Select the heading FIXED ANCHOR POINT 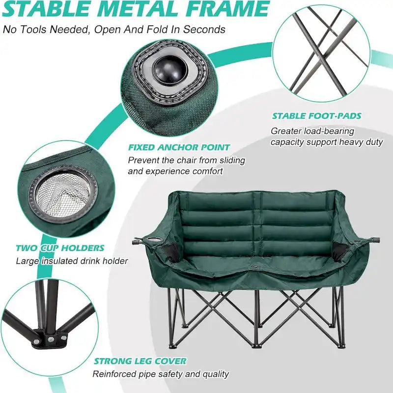[x=179, y=147]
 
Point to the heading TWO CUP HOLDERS [x=60, y=248]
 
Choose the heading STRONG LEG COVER [x=140, y=361]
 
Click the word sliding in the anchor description [x=231, y=160]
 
